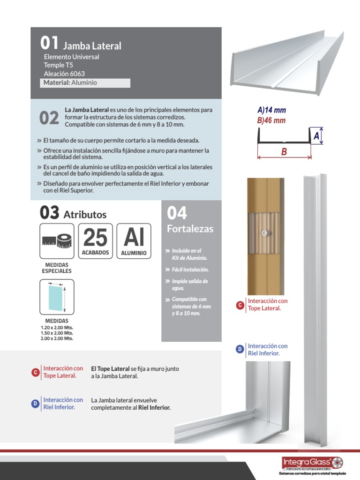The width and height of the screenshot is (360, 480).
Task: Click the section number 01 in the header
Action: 49,44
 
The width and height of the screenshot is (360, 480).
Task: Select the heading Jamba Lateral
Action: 92,46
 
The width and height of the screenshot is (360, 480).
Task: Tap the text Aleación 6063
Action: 64,74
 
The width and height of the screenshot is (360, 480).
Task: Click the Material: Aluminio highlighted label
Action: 70,82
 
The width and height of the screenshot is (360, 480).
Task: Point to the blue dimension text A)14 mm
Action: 271,110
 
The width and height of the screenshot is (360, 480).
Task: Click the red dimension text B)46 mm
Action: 271,120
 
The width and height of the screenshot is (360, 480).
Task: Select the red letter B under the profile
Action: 284,152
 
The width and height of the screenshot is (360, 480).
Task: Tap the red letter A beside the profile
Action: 317,136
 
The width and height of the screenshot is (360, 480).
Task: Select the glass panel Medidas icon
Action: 57,297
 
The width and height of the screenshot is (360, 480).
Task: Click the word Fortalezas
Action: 190,229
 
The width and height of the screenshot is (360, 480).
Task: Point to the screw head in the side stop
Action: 265,232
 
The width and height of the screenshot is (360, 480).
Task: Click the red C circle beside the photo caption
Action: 240,305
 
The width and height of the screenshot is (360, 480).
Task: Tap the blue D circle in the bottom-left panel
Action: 35,404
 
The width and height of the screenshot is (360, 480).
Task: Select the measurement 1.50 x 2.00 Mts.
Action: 57,333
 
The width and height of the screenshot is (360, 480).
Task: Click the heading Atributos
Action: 85,215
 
